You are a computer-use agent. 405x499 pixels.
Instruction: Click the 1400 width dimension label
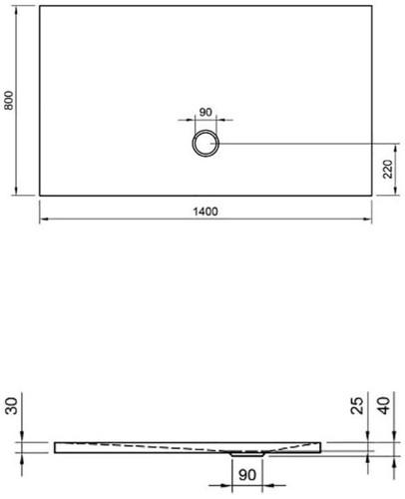click(x=205, y=212)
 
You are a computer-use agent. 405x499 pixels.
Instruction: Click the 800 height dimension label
click(x=9, y=100)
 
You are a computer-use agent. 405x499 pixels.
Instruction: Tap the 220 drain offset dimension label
click(x=388, y=169)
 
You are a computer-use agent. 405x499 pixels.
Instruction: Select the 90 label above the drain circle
click(x=205, y=112)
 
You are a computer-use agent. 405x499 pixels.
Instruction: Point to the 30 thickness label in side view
click(x=12, y=406)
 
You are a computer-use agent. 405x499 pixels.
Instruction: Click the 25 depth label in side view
click(x=357, y=405)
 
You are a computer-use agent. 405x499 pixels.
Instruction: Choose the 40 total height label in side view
click(x=385, y=405)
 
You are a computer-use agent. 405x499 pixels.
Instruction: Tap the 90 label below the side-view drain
click(x=247, y=475)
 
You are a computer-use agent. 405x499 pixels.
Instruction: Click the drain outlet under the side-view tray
click(x=247, y=454)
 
